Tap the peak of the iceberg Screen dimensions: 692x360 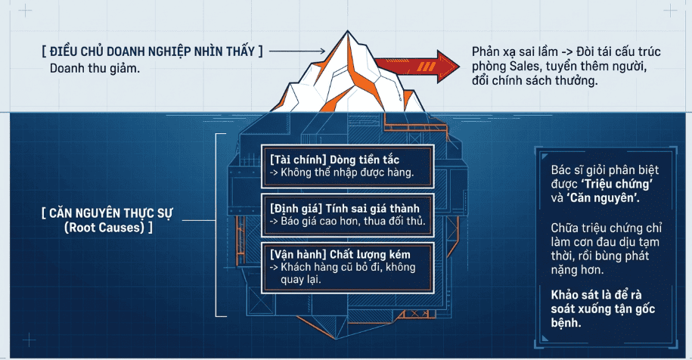click(x=347, y=31)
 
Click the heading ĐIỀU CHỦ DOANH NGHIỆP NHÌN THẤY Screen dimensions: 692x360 click(x=152, y=51)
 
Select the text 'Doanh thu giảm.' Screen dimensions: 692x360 click(x=95, y=69)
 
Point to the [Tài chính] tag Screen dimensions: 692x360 click(x=298, y=160)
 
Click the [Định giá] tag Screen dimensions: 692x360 click(x=296, y=208)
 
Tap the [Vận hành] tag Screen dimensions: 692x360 click(x=298, y=255)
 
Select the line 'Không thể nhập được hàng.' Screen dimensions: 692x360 click(x=347, y=172)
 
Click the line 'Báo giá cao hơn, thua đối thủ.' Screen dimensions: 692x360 click(x=353, y=221)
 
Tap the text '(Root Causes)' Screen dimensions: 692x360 click(x=104, y=228)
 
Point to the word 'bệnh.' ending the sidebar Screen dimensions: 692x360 click(x=566, y=323)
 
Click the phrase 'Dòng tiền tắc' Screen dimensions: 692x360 click(x=365, y=160)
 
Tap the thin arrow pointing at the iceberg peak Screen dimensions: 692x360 click(x=297, y=51)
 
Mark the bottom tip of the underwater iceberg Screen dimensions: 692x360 click(x=337, y=339)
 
